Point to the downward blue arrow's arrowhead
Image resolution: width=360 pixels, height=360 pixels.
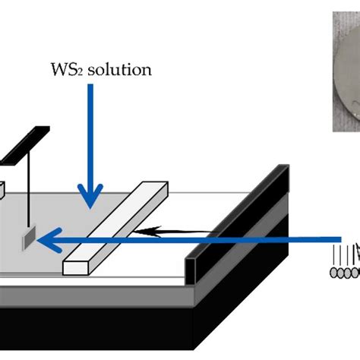91,199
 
